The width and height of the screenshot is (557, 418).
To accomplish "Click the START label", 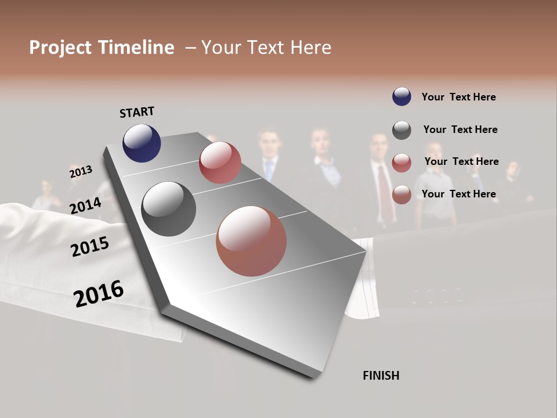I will (137, 112).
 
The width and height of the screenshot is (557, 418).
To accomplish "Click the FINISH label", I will (381, 376).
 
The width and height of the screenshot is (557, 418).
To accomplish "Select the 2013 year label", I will (81, 172).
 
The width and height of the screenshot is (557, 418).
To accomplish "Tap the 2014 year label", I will (86, 206).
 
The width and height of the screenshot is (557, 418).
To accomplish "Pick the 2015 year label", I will (90, 247).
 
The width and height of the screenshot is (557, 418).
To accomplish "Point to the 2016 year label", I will (99, 293).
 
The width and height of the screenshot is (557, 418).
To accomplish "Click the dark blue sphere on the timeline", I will (142, 143).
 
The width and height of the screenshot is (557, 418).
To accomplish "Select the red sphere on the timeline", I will (220, 162).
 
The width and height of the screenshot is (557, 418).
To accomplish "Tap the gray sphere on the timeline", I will (168, 208).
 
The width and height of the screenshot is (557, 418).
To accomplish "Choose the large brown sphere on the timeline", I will (251, 241).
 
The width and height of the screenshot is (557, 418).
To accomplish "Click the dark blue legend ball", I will (402, 96).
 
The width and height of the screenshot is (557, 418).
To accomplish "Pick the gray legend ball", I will (402, 130).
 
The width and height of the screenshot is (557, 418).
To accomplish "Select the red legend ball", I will (402, 163).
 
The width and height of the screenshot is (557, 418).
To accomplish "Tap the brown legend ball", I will (402, 194).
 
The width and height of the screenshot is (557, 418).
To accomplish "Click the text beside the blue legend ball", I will (458, 97).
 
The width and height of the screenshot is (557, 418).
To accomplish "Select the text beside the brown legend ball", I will (458, 194).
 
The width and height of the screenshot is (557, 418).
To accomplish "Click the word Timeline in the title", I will (136, 48).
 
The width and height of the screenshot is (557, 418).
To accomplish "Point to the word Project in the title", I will (61, 48).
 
